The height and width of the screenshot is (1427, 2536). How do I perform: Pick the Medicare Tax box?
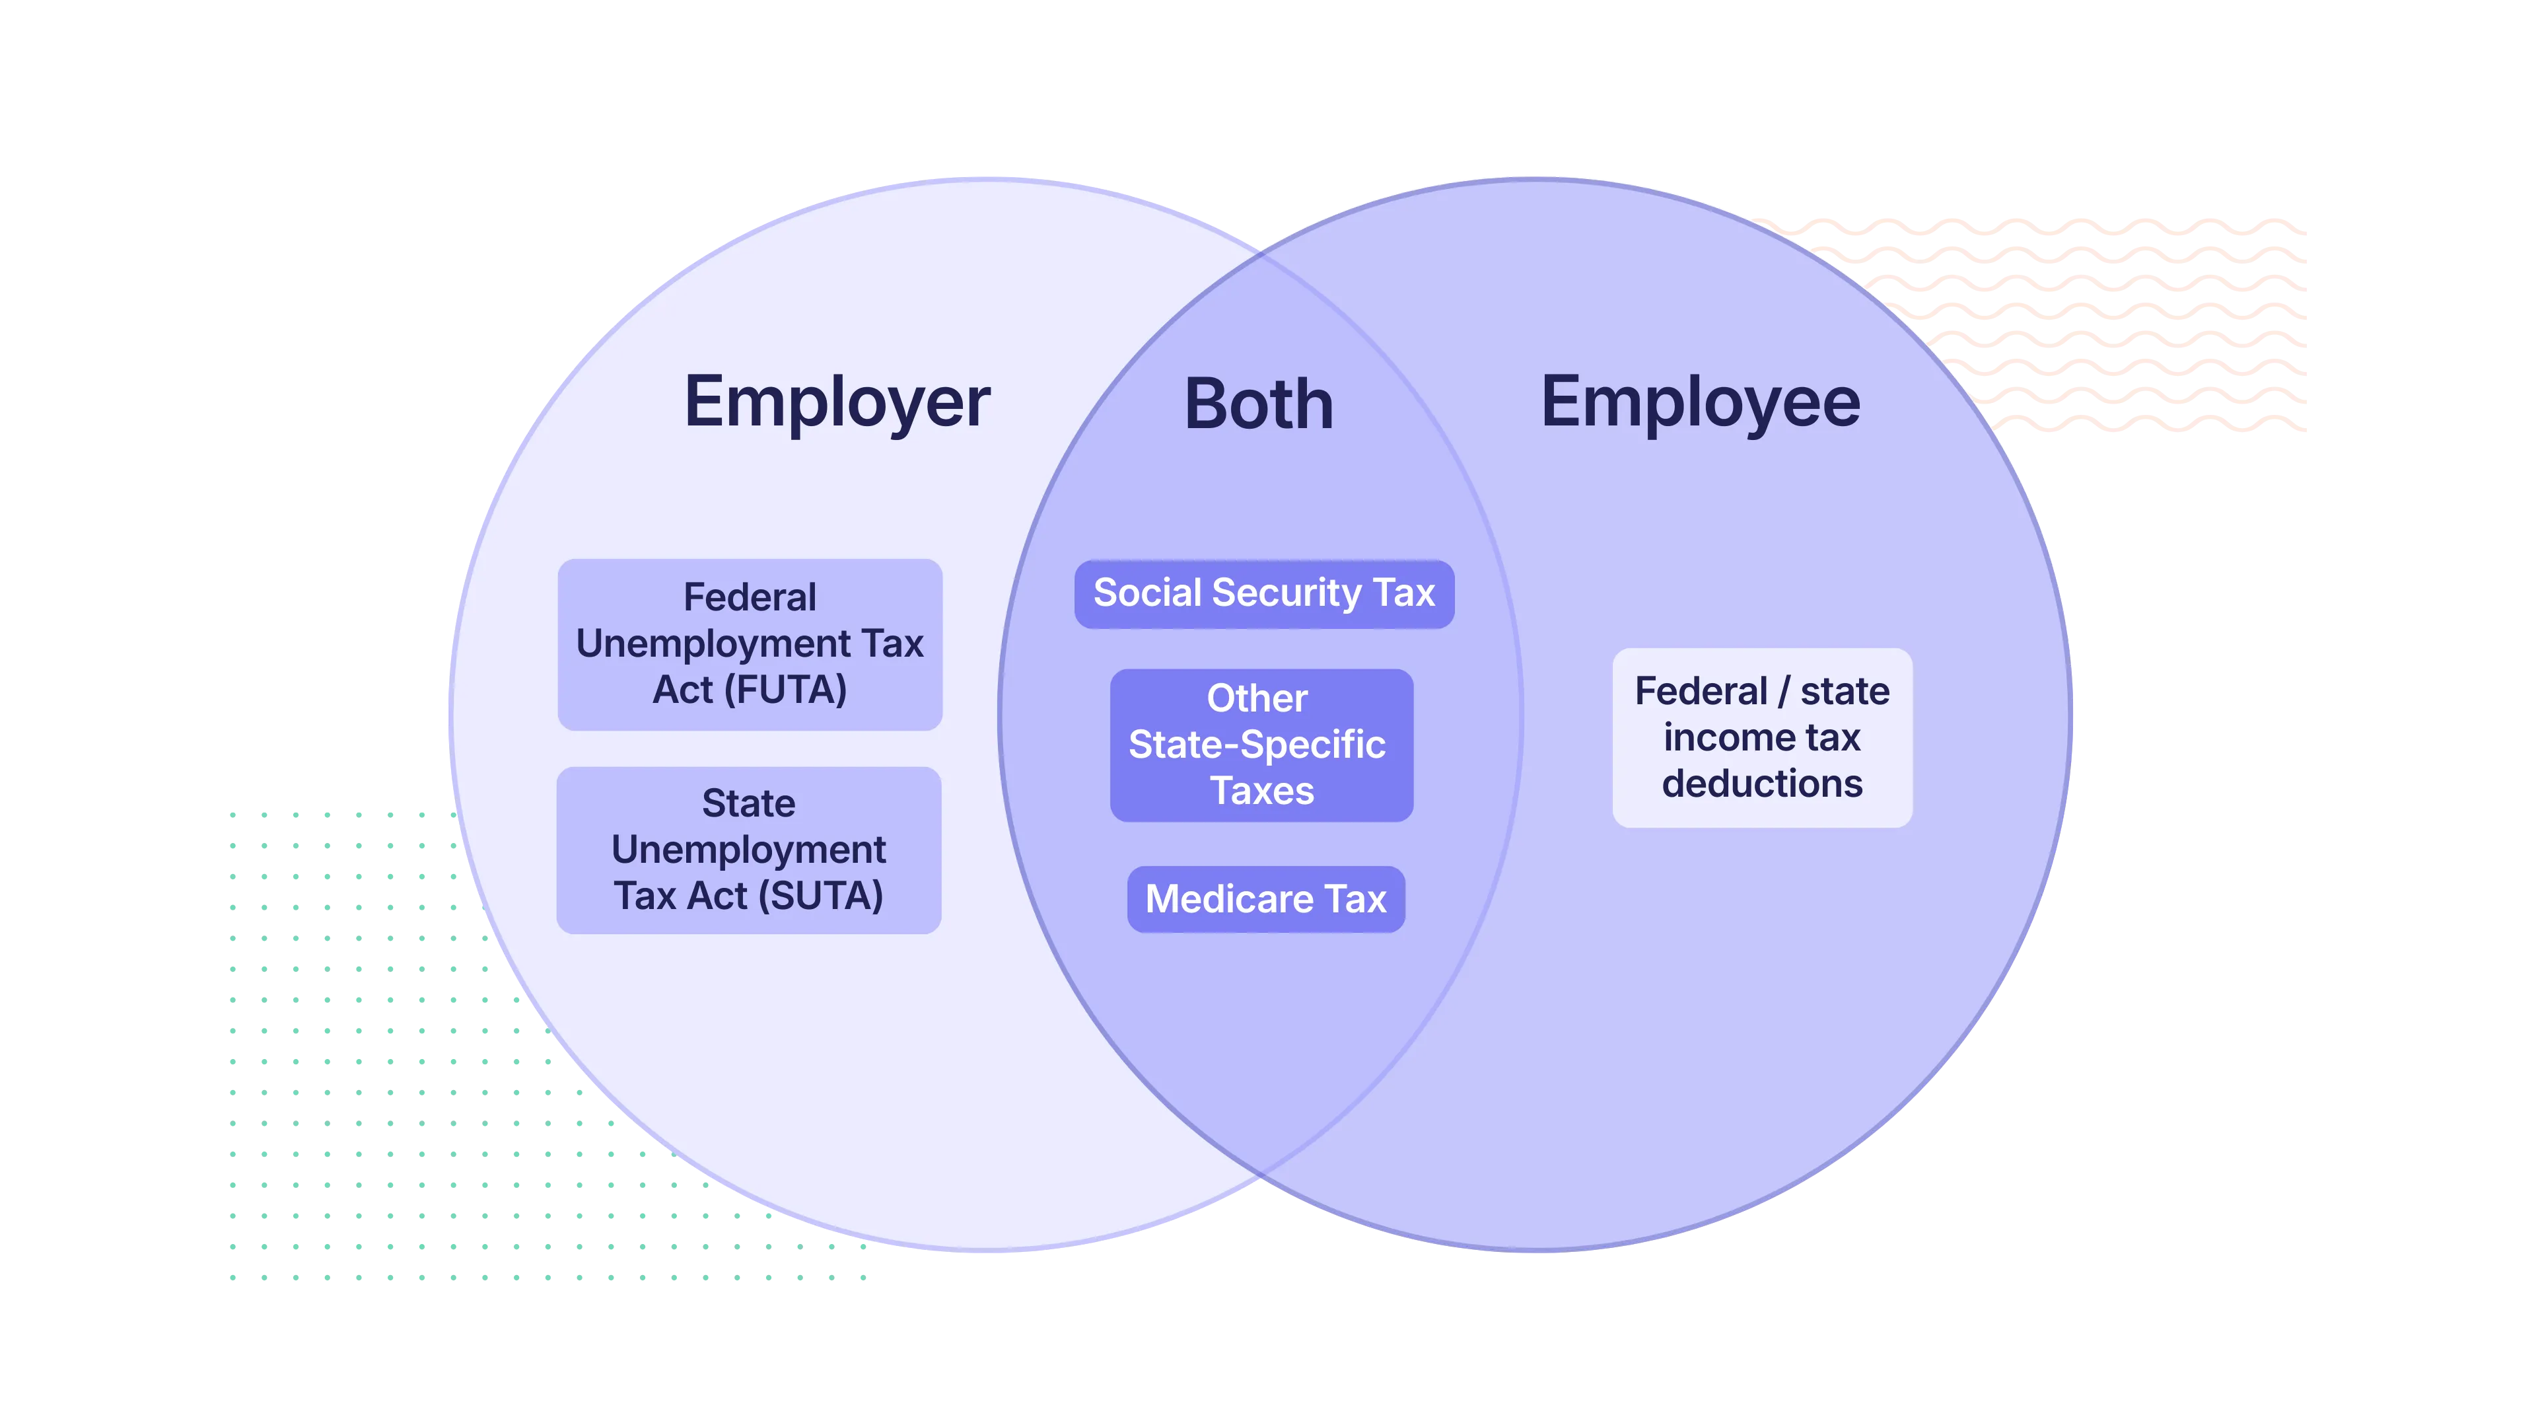coord(1266,899)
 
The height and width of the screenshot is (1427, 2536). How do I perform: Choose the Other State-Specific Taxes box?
coord(1261,745)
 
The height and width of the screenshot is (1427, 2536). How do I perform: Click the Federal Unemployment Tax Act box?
coord(750,644)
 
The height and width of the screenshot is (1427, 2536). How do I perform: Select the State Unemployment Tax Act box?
coord(749,850)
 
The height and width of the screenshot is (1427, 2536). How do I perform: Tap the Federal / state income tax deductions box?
coord(1762,738)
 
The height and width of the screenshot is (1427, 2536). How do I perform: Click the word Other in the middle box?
coord(1257,698)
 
